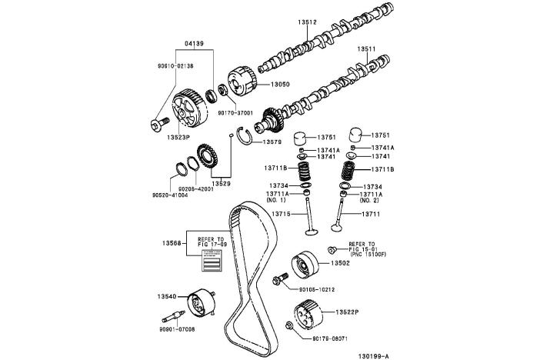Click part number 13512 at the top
point(308,22)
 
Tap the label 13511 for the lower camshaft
point(365,48)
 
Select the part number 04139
point(195,43)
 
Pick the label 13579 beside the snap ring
point(272,142)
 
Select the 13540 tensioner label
point(167,296)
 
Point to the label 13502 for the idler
point(340,264)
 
